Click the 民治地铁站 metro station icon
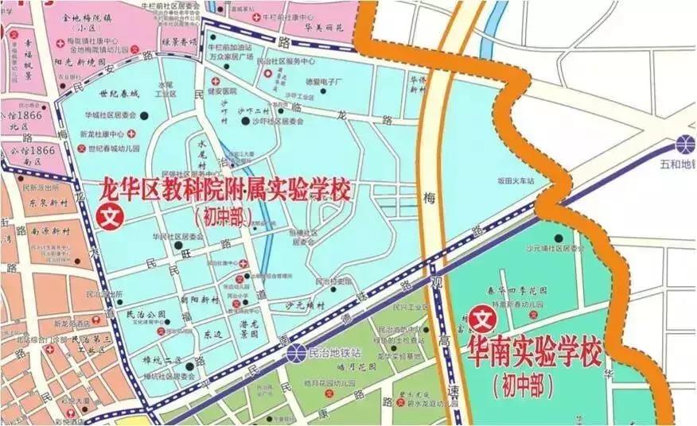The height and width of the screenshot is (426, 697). tap(296, 351)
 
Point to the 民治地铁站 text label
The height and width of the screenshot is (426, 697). tap(334, 351)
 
